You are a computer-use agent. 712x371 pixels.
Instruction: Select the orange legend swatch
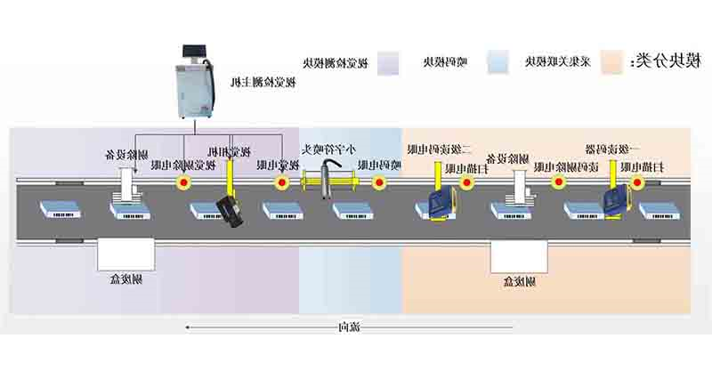click(611, 61)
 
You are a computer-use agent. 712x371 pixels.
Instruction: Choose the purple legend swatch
click(389, 61)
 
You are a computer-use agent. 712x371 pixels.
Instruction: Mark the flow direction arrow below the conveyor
click(258, 327)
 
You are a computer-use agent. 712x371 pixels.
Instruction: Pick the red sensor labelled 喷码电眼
click(379, 183)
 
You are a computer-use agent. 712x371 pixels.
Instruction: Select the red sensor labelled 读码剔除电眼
click(558, 183)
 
